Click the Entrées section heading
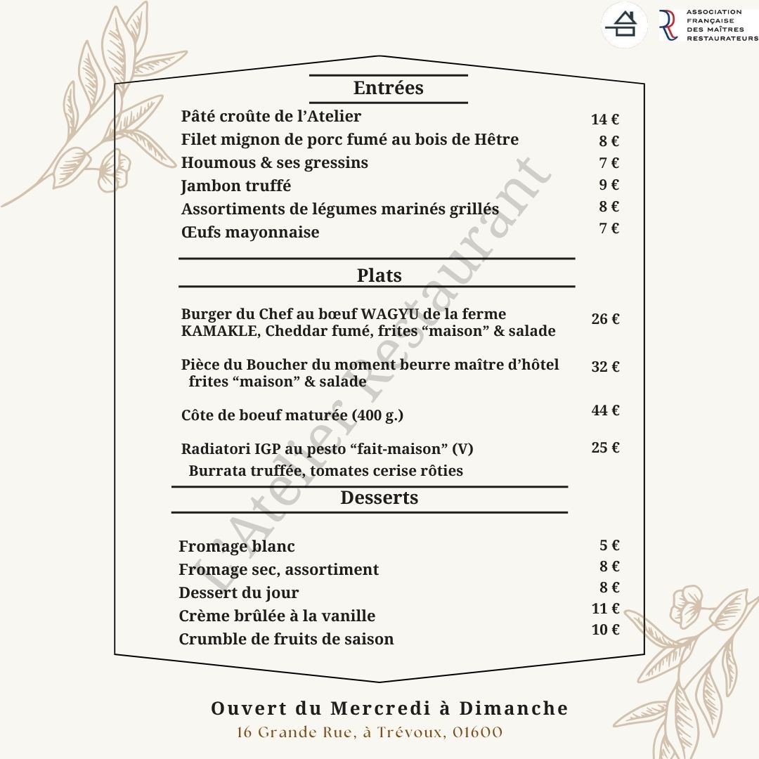tap(388, 89)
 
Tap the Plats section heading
tap(379, 275)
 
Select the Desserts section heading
tap(379, 498)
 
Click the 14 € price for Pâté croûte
tap(604, 119)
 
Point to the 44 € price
tap(604, 410)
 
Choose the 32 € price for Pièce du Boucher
tap(604, 367)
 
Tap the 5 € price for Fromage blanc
tap(609, 545)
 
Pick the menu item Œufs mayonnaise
tap(249, 232)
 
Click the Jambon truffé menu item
tap(235, 186)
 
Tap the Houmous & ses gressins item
tap(274, 163)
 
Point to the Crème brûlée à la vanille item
tap(277, 616)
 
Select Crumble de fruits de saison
tap(286, 640)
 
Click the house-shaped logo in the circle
tap(625, 25)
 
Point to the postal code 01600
tap(477, 733)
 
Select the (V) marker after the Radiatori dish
tap(462, 449)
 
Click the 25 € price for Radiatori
tap(604, 448)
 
